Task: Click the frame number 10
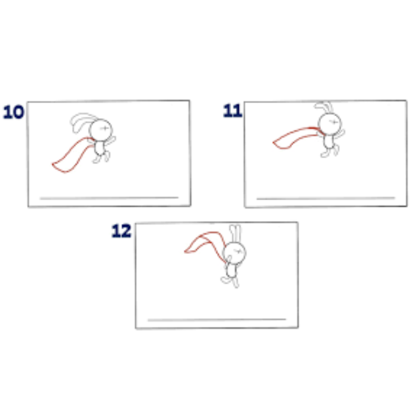click(x=13, y=112)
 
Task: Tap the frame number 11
click(x=232, y=110)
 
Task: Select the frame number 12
click(x=121, y=230)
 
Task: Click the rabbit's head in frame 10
click(x=101, y=130)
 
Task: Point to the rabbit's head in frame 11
click(x=329, y=124)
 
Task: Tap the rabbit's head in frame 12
click(x=234, y=253)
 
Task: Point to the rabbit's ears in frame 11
click(x=324, y=107)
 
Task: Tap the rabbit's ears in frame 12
click(x=235, y=234)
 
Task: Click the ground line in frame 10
click(x=109, y=198)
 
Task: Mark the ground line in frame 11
click(x=325, y=198)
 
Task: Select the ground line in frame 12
click(x=217, y=320)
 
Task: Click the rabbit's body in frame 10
click(x=99, y=148)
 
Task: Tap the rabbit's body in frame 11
click(x=328, y=141)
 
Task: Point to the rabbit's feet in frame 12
click(x=230, y=282)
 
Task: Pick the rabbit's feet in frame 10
click(x=101, y=157)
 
